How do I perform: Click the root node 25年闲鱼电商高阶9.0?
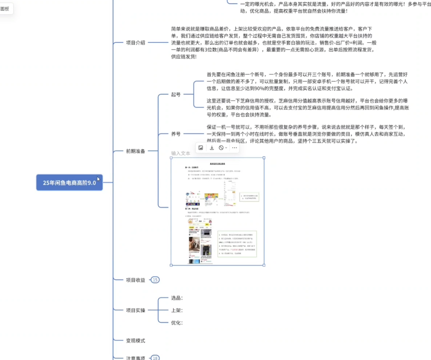[69, 183]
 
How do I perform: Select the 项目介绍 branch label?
[135, 43]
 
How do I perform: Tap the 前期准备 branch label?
[135, 151]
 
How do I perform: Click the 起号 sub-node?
[176, 94]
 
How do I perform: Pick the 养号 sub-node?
[176, 134]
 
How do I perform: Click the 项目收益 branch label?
[135, 280]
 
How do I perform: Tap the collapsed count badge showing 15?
[155, 280]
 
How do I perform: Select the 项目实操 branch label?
[135, 310]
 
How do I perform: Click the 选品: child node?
[177, 298]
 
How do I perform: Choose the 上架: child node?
[177, 310]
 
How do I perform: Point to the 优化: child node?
[177, 323]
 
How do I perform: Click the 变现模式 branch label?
[135, 341]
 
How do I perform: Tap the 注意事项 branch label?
[135, 358]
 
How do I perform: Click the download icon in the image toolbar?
[212, 148]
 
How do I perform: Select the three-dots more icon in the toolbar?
[234, 148]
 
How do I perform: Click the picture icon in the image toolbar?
[201, 148]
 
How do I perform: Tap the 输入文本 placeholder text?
[181, 153]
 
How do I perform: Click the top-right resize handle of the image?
[264, 158]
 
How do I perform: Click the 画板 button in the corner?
[5, 9]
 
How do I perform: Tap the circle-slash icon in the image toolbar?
[221, 148]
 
